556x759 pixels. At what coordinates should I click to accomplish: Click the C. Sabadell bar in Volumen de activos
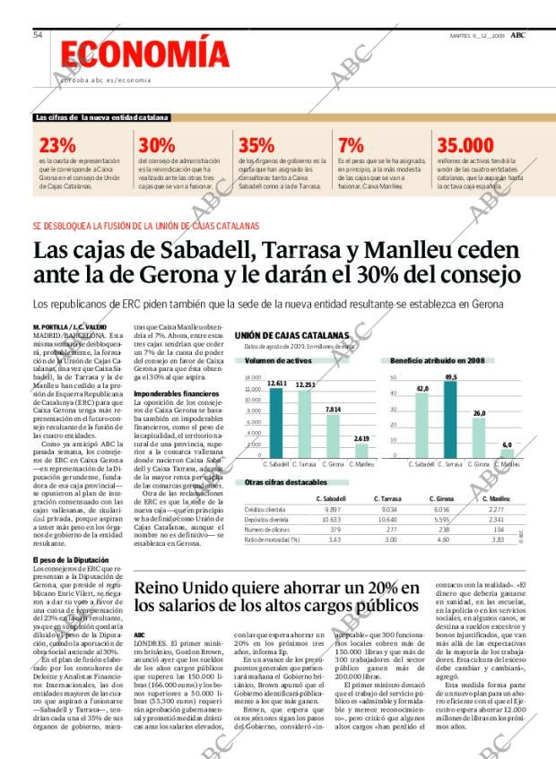click(276, 422)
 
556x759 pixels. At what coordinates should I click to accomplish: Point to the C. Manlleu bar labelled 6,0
click(507, 453)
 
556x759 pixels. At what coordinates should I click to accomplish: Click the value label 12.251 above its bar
click(305, 384)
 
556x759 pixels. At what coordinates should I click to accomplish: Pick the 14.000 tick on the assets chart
click(253, 378)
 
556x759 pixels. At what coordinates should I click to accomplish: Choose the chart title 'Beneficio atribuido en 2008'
click(437, 360)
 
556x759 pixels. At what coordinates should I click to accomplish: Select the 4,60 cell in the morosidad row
click(442, 539)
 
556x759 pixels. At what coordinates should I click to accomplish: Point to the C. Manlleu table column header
click(496, 497)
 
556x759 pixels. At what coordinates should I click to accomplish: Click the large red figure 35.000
click(465, 146)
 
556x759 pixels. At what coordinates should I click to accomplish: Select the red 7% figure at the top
click(351, 146)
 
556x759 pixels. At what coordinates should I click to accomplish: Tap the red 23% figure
click(57, 146)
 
